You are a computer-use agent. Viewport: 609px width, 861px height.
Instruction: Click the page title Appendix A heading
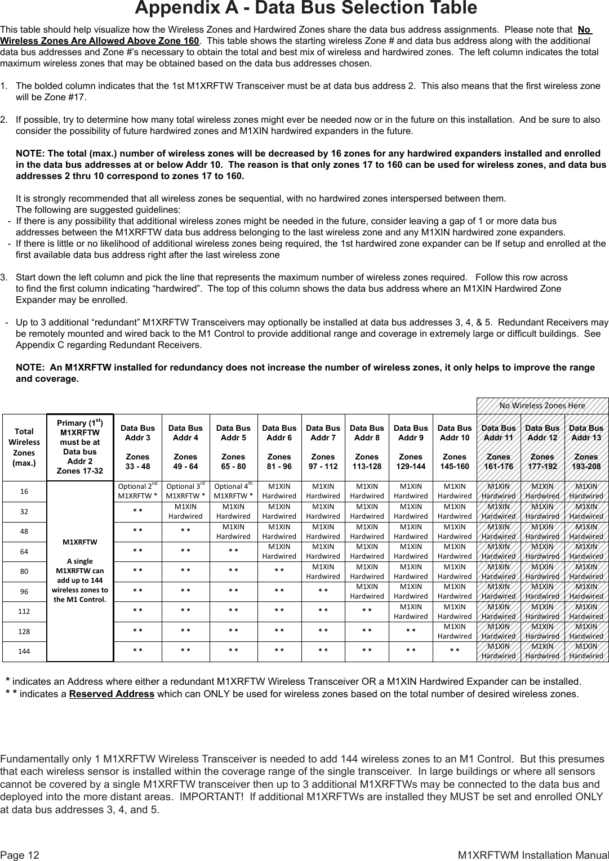[305, 8]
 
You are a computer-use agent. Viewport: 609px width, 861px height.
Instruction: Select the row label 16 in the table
[24, 491]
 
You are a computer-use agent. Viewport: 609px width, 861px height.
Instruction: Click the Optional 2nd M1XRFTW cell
[137, 491]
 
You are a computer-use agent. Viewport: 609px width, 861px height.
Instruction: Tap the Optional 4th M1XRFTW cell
[233, 491]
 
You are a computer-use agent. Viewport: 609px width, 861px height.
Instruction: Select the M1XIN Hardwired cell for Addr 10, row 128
[455, 631]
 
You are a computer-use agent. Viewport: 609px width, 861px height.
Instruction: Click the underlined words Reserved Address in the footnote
[112, 694]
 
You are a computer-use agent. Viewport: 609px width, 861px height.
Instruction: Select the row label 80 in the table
[24, 571]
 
